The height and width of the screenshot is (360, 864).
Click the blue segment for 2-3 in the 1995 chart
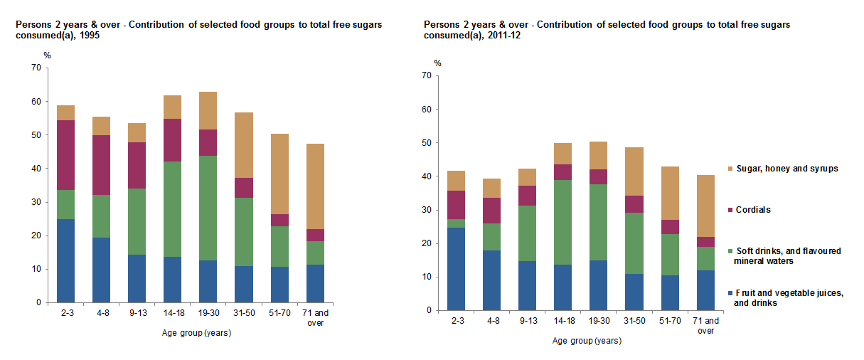[x=65, y=260]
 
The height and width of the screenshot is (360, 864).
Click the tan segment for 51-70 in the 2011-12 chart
[x=670, y=194]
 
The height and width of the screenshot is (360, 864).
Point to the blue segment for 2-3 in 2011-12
[x=457, y=269]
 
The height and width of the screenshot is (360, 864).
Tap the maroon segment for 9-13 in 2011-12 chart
[x=528, y=196]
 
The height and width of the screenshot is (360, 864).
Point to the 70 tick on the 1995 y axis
[x=36, y=68]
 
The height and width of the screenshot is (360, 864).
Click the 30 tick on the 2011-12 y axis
[x=427, y=210]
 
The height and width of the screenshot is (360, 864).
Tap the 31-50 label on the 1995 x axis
[x=244, y=312]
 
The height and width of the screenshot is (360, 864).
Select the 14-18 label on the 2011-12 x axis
[x=563, y=320]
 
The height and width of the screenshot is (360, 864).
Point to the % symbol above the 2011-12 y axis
[x=437, y=63]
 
